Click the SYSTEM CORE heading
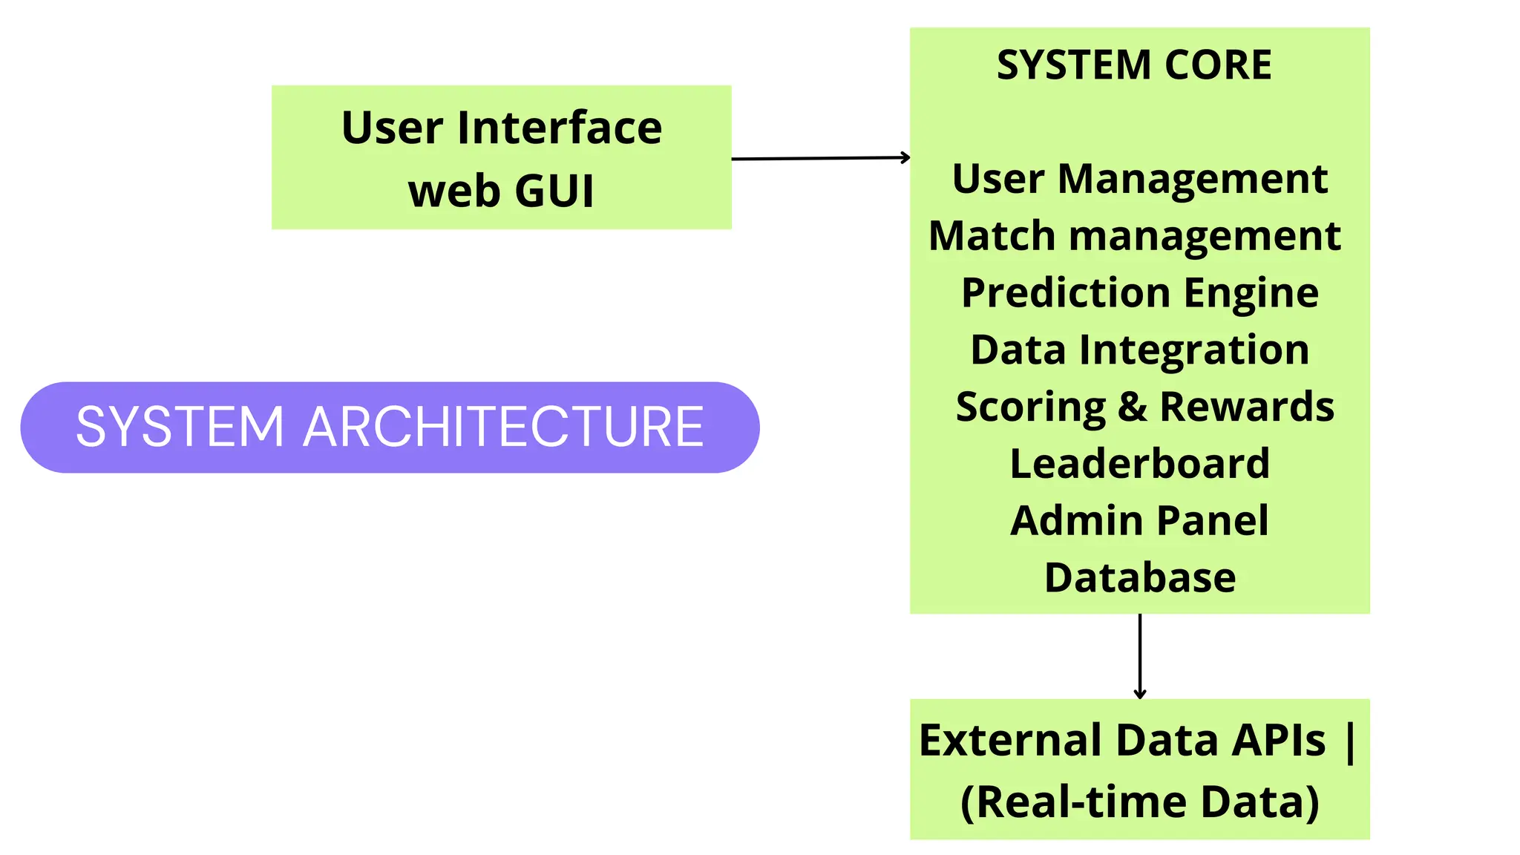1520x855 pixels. (x=1133, y=65)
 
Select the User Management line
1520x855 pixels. (x=1139, y=179)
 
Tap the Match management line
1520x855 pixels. (x=1134, y=236)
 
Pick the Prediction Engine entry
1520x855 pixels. (x=1139, y=292)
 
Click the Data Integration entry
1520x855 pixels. (x=1139, y=350)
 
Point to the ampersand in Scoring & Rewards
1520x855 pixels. (x=1132, y=407)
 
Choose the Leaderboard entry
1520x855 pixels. (x=1139, y=464)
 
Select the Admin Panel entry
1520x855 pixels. (x=1139, y=520)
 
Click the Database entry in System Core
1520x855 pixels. (x=1139, y=577)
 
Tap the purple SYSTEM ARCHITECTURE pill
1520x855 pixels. (x=390, y=427)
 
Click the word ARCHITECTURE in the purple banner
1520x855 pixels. (x=503, y=427)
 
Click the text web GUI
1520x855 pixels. (x=501, y=191)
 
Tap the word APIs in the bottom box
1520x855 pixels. (x=1278, y=740)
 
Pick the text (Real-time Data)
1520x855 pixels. (x=1139, y=802)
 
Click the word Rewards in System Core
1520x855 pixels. (x=1247, y=407)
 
